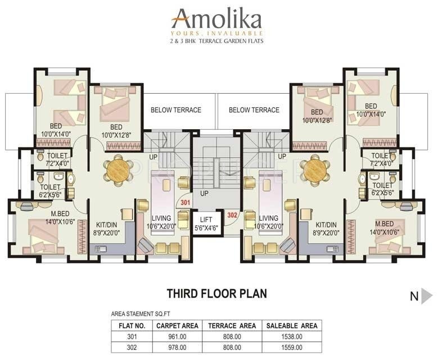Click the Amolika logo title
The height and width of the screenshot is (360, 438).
click(x=216, y=19)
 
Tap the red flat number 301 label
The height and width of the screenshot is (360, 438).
click(x=186, y=203)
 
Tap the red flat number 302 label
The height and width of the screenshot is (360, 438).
click(x=232, y=214)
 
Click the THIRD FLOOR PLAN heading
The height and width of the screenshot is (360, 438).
click(x=216, y=293)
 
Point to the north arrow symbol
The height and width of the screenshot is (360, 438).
click(x=427, y=296)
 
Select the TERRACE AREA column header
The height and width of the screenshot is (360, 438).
click(x=232, y=325)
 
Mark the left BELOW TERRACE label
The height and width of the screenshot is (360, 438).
click(x=175, y=110)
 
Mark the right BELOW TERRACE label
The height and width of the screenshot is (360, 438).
click(x=254, y=110)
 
